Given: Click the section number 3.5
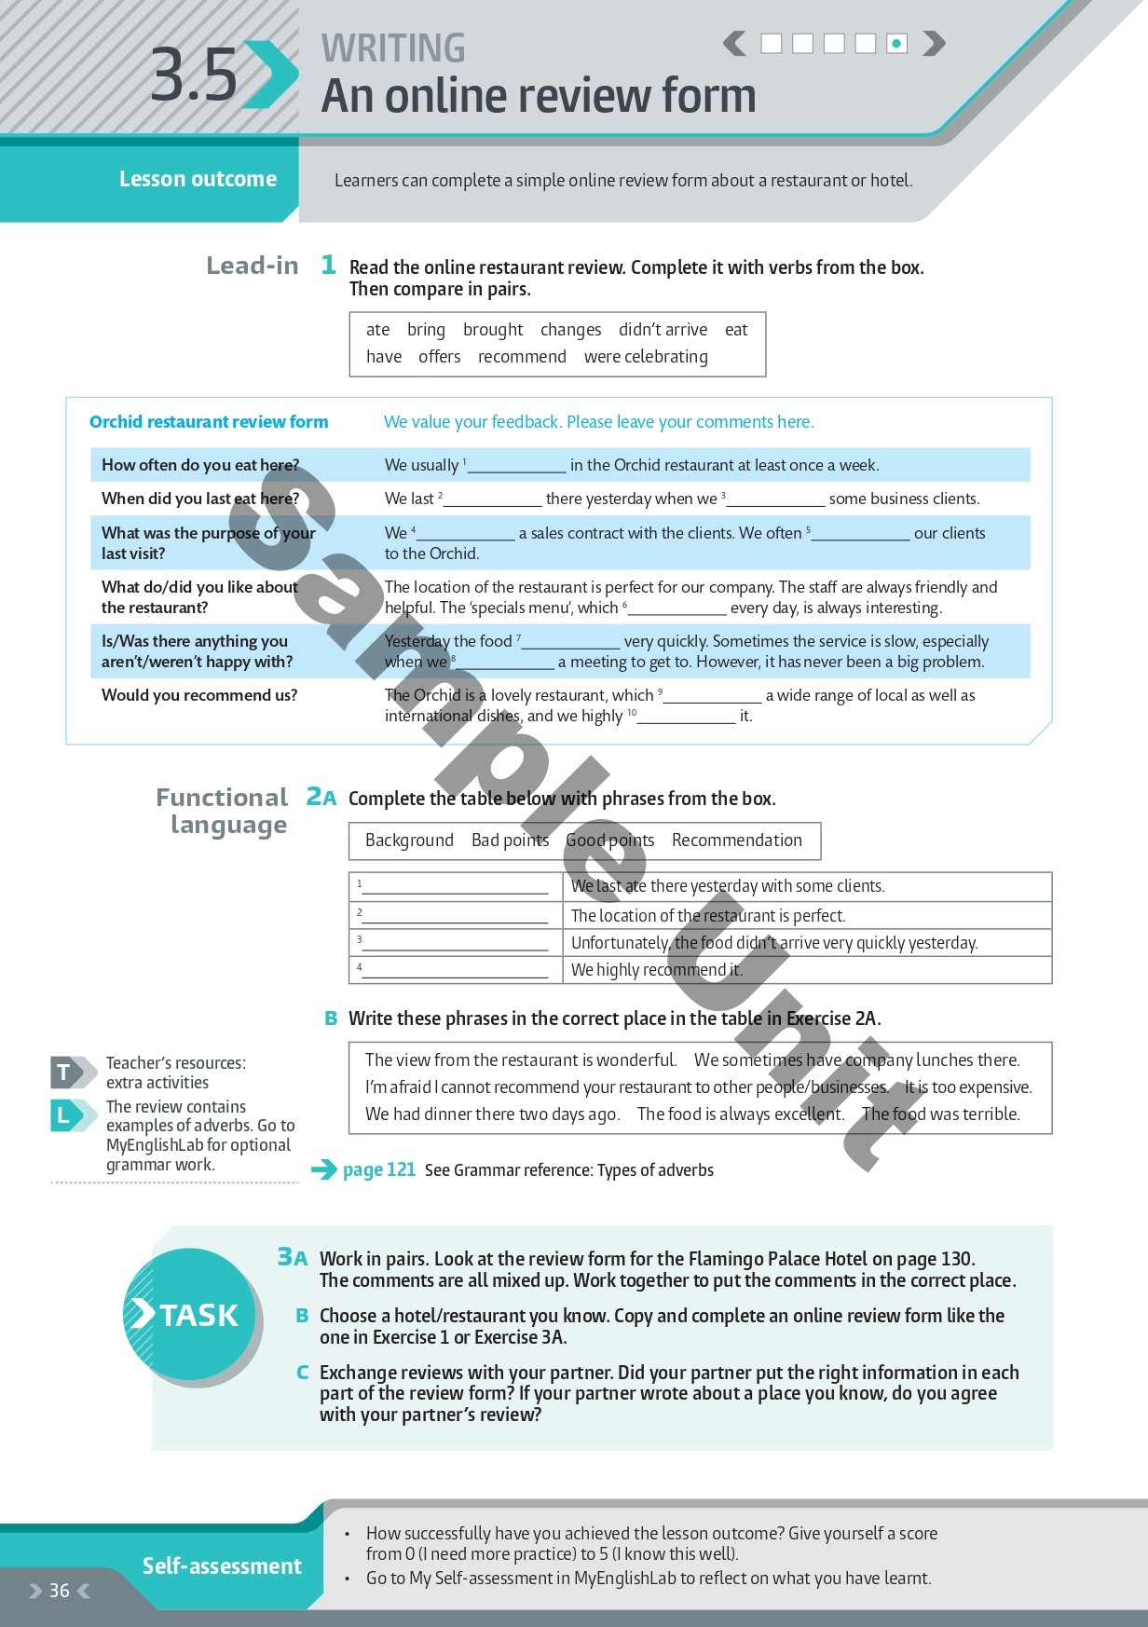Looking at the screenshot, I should point(195,75).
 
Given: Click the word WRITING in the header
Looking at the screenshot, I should point(393,48).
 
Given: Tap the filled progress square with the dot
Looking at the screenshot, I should point(896,43).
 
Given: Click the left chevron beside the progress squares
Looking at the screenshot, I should point(735,43).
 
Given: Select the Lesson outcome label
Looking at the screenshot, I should point(198,179).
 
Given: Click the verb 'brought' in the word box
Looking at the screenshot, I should point(493,330).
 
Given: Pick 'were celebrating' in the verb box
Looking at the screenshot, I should point(646,357).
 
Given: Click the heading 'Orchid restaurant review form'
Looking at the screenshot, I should point(209,422).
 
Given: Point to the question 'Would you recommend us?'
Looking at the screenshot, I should point(199,695).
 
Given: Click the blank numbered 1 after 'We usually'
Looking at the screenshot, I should point(517,466).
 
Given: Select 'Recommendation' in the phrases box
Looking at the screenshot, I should point(736,841).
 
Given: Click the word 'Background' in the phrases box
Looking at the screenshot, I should point(409,841).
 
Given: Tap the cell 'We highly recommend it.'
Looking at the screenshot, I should point(657,970).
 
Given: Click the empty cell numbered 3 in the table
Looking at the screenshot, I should point(455,943).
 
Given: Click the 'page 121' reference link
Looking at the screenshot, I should point(378,1170).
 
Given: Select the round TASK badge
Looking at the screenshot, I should point(190,1315).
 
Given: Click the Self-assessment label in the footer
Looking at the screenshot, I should point(222,1566).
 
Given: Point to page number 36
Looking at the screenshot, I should point(60,1591).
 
